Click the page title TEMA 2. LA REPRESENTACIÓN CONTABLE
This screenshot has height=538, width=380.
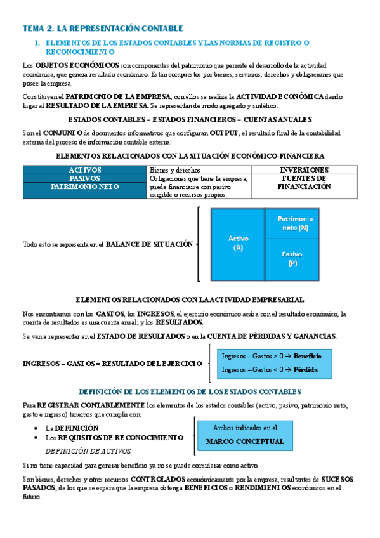(102, 29)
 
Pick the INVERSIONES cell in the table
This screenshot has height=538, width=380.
(304, 170)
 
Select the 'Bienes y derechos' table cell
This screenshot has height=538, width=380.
(175, 170)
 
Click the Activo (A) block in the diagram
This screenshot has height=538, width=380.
(238, 244)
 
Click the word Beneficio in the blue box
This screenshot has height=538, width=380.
(308, 356)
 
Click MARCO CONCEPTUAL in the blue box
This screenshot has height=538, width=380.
(245, 442)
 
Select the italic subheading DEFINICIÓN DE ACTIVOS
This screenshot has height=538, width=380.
(88, 451)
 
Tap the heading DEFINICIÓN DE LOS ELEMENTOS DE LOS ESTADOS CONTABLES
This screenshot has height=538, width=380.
(189, 391)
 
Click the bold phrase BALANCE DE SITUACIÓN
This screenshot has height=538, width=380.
(149, 244)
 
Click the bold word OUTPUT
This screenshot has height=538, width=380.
(220, 133)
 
